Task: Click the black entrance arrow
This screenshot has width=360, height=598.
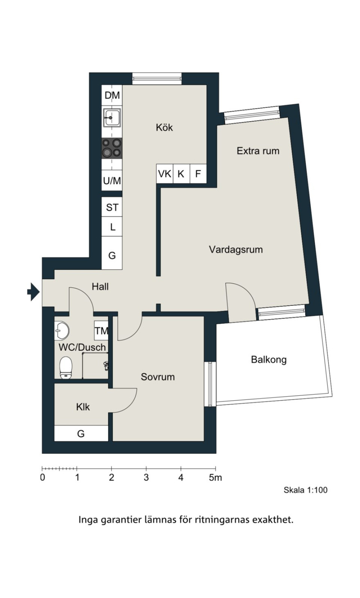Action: pos(34,292)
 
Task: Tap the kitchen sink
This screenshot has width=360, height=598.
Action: pos(112,117)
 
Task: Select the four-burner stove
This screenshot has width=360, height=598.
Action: pos(112,149)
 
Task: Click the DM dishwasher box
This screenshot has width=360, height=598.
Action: pos(112,95)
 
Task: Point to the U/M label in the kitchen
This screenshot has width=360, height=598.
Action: pos(112,181)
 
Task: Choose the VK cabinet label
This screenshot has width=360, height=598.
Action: pos(164,174)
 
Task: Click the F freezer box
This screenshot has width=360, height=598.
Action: pos(198,174)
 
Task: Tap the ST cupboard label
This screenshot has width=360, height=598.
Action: pos(112,207)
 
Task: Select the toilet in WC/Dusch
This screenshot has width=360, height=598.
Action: pos(66,368)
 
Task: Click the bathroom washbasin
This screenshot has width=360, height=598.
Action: pos(61,331)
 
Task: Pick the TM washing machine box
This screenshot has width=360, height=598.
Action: pos(101,331)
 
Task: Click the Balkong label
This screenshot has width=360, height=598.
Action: pos(269,360)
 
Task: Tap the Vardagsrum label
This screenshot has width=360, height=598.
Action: pos(236,249)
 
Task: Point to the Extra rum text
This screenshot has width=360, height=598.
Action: pos(258,151)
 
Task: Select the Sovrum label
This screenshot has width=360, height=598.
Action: pos(158,377)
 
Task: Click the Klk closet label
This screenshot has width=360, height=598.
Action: pos(83,407)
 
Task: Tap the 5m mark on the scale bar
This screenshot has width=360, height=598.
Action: pos(215,477)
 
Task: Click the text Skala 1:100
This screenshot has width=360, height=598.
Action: pos(305,490)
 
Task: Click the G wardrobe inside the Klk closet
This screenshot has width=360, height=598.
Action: pos(81,433)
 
